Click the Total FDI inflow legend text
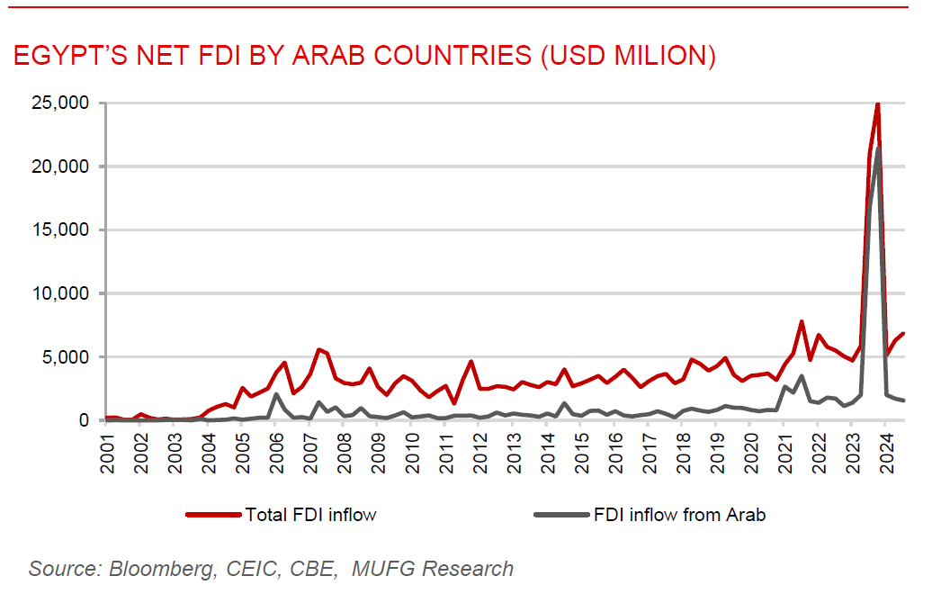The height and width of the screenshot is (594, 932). pos(310,515)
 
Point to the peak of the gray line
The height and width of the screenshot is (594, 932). pos(877,148)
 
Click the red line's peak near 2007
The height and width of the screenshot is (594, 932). pos(318,349)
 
